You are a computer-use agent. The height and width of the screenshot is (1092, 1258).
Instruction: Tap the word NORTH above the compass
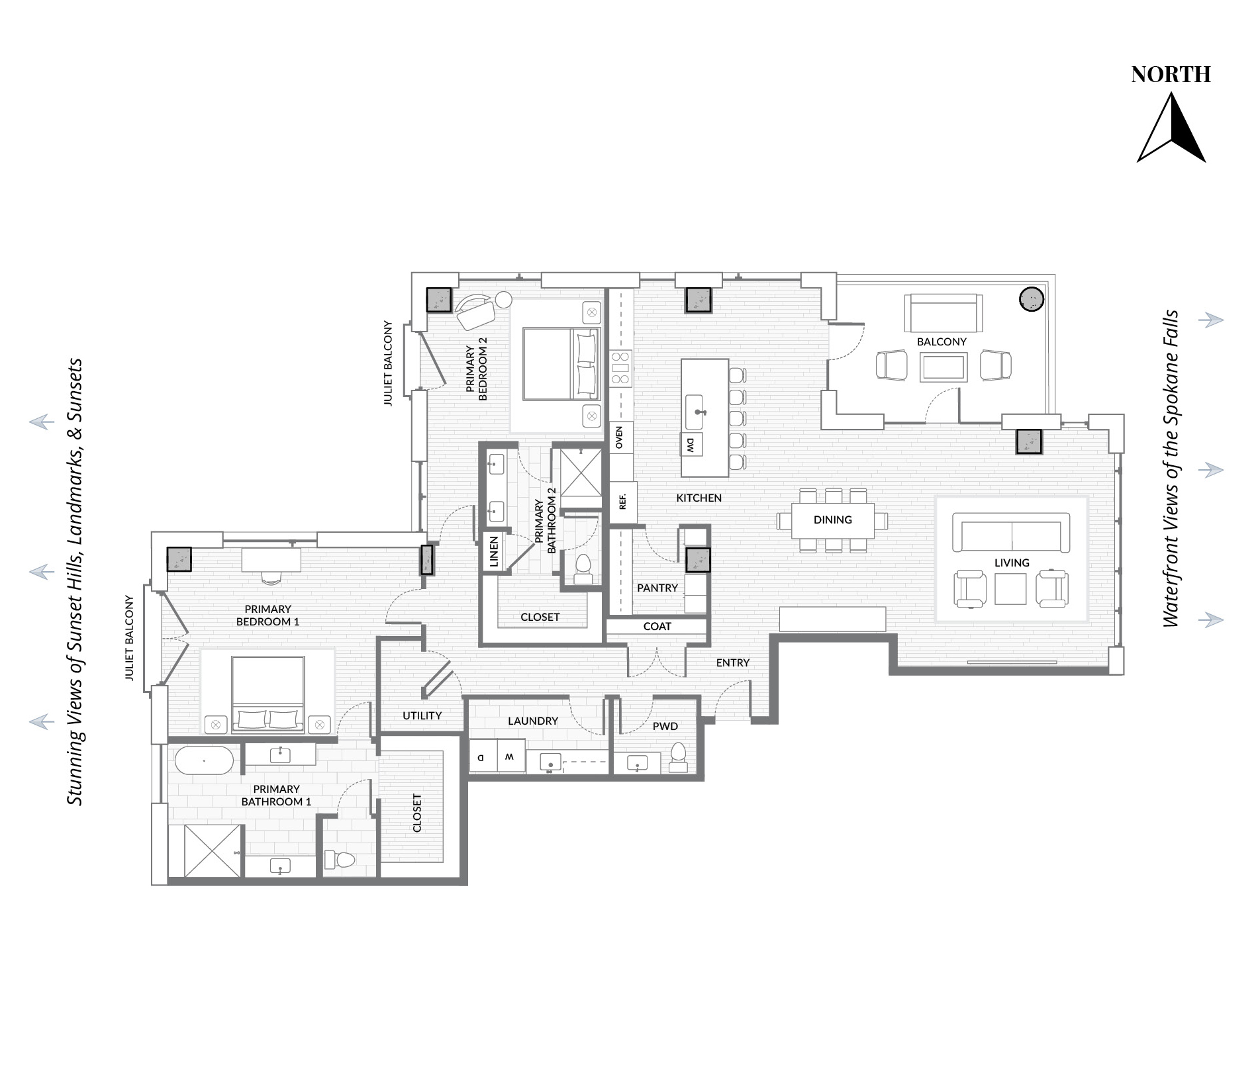click(1171, 75)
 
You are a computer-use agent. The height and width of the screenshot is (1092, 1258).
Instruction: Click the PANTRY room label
click(657, 588)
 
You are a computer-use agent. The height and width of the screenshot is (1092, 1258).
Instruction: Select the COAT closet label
click(657, 626)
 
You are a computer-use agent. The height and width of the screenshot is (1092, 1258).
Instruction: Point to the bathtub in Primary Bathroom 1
click(205, 760)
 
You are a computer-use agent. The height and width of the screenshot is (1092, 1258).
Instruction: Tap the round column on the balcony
click(1032, 299)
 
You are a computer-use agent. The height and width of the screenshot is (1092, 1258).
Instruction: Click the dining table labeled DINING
click(833, 520)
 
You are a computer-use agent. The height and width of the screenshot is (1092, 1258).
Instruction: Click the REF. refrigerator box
click(622, 502)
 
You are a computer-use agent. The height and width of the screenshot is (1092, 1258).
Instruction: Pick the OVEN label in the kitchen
click(620, 437)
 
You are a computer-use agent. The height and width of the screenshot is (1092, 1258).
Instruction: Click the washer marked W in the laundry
click(510, 756)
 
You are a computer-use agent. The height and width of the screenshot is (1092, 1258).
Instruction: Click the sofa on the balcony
click(943, 313)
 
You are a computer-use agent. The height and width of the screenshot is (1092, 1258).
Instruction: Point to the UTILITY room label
click(422, 715)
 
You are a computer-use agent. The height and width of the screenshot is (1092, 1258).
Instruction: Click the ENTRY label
click(733, 662)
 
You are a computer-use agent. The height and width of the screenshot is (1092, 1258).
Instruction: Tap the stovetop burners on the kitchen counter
click(621, 368)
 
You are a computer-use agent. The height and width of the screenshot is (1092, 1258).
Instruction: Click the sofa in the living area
click(1011, 532)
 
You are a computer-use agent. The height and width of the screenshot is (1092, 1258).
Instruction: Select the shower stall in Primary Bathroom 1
click(206, 851)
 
